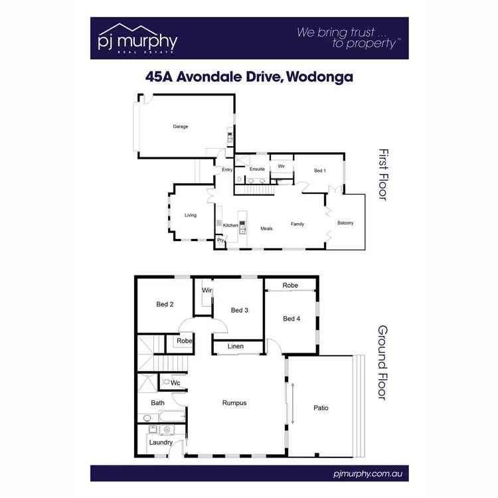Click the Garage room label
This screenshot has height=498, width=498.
181,126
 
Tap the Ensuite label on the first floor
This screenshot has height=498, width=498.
257,169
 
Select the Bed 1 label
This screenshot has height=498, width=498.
320,171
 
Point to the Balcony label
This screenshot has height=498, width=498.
345,223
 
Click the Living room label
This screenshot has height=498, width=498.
191,215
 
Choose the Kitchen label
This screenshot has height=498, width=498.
230,226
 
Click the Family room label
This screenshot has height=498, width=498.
297,224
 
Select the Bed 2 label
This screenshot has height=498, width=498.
165,305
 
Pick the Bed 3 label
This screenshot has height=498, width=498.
240,310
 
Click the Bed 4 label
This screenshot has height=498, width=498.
291,319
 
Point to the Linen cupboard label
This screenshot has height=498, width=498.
236,347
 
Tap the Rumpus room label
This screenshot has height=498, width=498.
234,402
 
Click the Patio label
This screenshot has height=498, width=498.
321,408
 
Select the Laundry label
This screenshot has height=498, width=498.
161,442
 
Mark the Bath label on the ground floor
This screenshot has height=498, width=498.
157,403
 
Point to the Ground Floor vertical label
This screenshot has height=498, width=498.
383,362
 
